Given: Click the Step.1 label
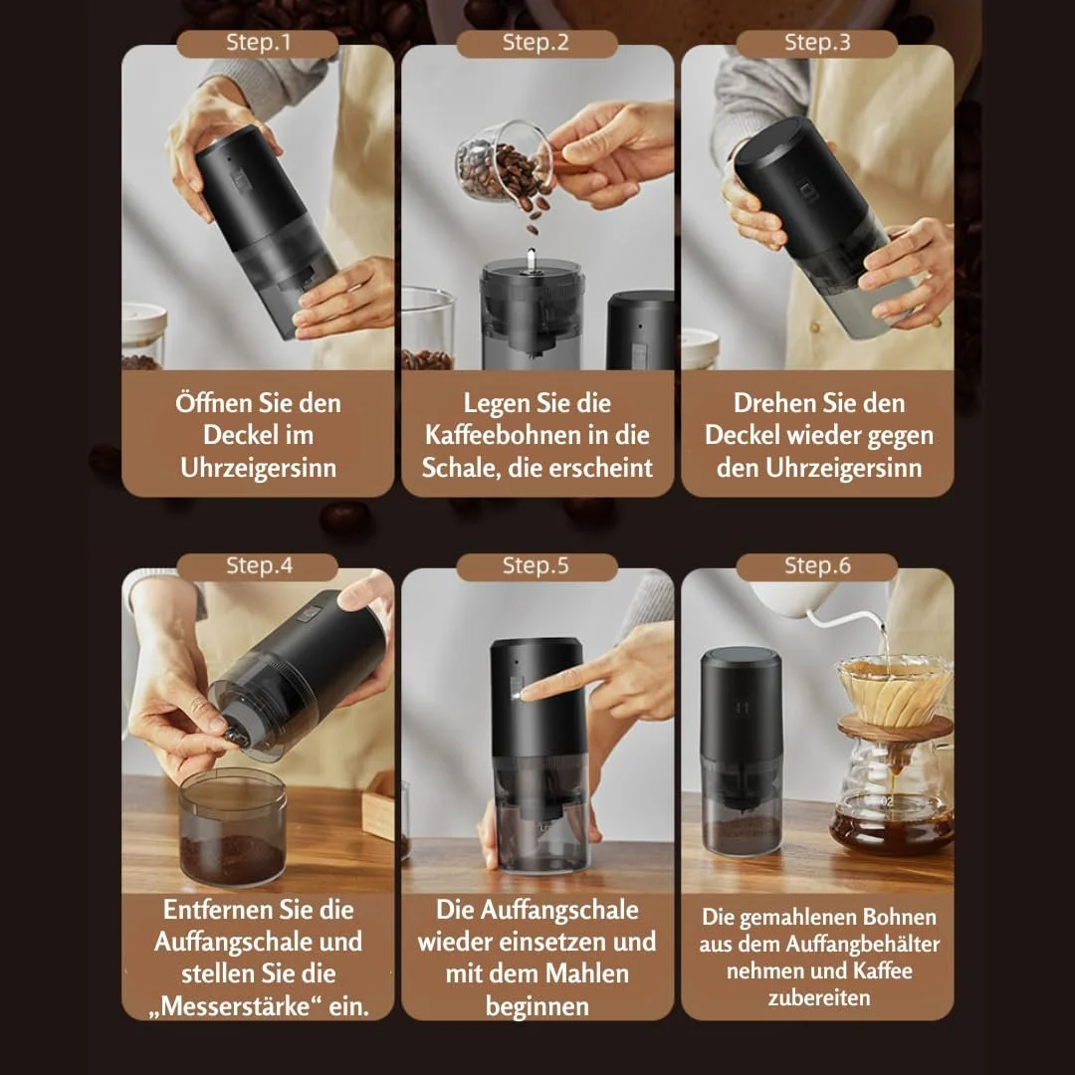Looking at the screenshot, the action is (258, 43).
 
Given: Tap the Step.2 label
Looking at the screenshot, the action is (537, 43).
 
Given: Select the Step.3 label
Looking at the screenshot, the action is (816, 43).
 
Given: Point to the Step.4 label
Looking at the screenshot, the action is (258, 566).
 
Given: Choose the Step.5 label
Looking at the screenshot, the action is (537, 566).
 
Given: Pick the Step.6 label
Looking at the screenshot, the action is (816, 566).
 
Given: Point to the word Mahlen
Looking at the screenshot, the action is (591, 973).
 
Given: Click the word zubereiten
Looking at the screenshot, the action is (819, 997).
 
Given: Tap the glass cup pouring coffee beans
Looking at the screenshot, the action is (504, 162).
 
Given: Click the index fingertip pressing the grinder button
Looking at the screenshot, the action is (527, 695).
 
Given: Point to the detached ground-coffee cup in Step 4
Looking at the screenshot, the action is (232, 827).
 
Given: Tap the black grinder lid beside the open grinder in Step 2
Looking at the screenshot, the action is (640, 330).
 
